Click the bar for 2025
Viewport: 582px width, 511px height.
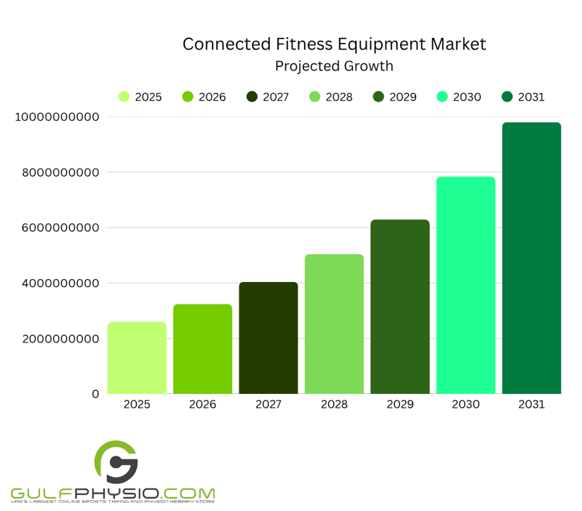(x=137, y=358)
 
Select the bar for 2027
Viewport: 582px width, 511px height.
(x=268, y=338)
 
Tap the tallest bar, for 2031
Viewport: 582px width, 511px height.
(x=532, y=258)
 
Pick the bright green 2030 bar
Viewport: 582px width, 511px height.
(x=466, y=285)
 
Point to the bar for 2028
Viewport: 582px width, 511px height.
(x=334, y=324)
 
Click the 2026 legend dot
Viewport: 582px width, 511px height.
(x=188, y=97)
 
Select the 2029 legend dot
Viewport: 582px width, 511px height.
(x=378, y=97)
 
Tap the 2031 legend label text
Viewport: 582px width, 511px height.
(x=531, y=97)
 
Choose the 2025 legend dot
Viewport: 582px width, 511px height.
(x=124, y=97)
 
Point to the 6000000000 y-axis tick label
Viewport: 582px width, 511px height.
(x=55, y=228)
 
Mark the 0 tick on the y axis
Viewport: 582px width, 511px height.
(x=95, y=394)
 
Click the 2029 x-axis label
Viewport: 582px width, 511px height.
(x=399, y=404)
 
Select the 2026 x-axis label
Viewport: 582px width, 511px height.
(x=202, y=404)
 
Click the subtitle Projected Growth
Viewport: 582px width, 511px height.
(x=334, y=66)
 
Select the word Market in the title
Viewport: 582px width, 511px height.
(x=455, y=44)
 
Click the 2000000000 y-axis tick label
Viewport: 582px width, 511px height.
(x=55, y=339)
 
